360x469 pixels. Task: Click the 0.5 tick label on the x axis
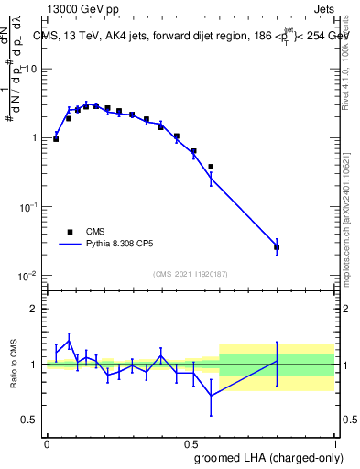(191, 442)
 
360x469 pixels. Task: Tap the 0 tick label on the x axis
(47, 442)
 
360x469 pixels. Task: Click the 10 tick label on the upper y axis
(31, 70)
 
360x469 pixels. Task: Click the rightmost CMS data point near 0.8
(277, 247)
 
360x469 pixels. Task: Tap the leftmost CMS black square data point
(56, 139)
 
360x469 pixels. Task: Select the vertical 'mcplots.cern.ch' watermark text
(351, 220)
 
